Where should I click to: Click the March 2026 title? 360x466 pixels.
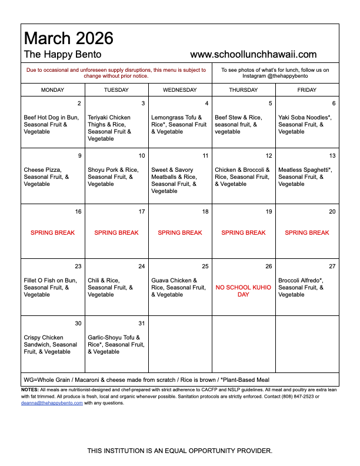pos(68,38)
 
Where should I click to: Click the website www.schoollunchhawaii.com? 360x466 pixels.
pos(254,55)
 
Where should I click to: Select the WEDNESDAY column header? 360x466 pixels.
pos(180,90)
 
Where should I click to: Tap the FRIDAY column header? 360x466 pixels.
pos(306,90)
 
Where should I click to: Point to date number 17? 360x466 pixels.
pos(142,212)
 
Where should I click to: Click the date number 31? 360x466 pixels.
pos(142,324)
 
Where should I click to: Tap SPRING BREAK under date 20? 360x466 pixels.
pos(307,233)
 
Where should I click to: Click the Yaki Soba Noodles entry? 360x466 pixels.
pos(305,125)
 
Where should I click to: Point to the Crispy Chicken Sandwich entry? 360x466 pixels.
pos(51,345)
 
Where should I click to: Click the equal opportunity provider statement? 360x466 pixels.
pos(180,451)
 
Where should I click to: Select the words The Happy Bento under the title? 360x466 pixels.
pos(62,55)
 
